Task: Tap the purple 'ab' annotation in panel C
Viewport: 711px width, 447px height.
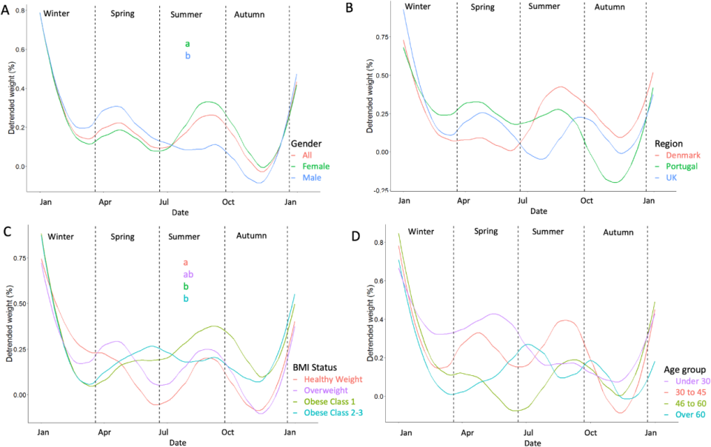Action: [x=188, y=274]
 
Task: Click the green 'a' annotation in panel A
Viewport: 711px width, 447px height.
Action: [x=187, y=44]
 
